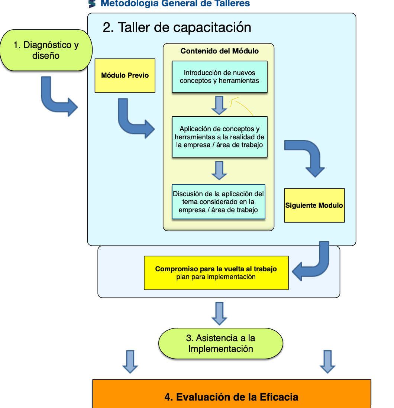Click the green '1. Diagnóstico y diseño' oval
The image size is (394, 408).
tap(46, 50)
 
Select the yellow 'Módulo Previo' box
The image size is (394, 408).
tap(125, 75)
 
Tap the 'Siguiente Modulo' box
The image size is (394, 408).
tap(314, 205)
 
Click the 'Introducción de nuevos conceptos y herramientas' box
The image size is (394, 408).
tap(220, 77)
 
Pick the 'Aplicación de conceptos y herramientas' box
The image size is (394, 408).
tap(220, 137)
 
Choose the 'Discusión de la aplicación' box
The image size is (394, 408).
tap(218, 202)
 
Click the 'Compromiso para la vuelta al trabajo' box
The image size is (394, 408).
tap(216, 273)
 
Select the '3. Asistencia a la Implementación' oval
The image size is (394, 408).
tap(221, 343)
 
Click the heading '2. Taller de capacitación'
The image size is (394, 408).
tap(177, 27)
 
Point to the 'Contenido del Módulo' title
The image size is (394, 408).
tap(220, 51)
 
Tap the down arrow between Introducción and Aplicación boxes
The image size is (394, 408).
tap(219, 106)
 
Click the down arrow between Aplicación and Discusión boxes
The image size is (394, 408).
tap(219, 171)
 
